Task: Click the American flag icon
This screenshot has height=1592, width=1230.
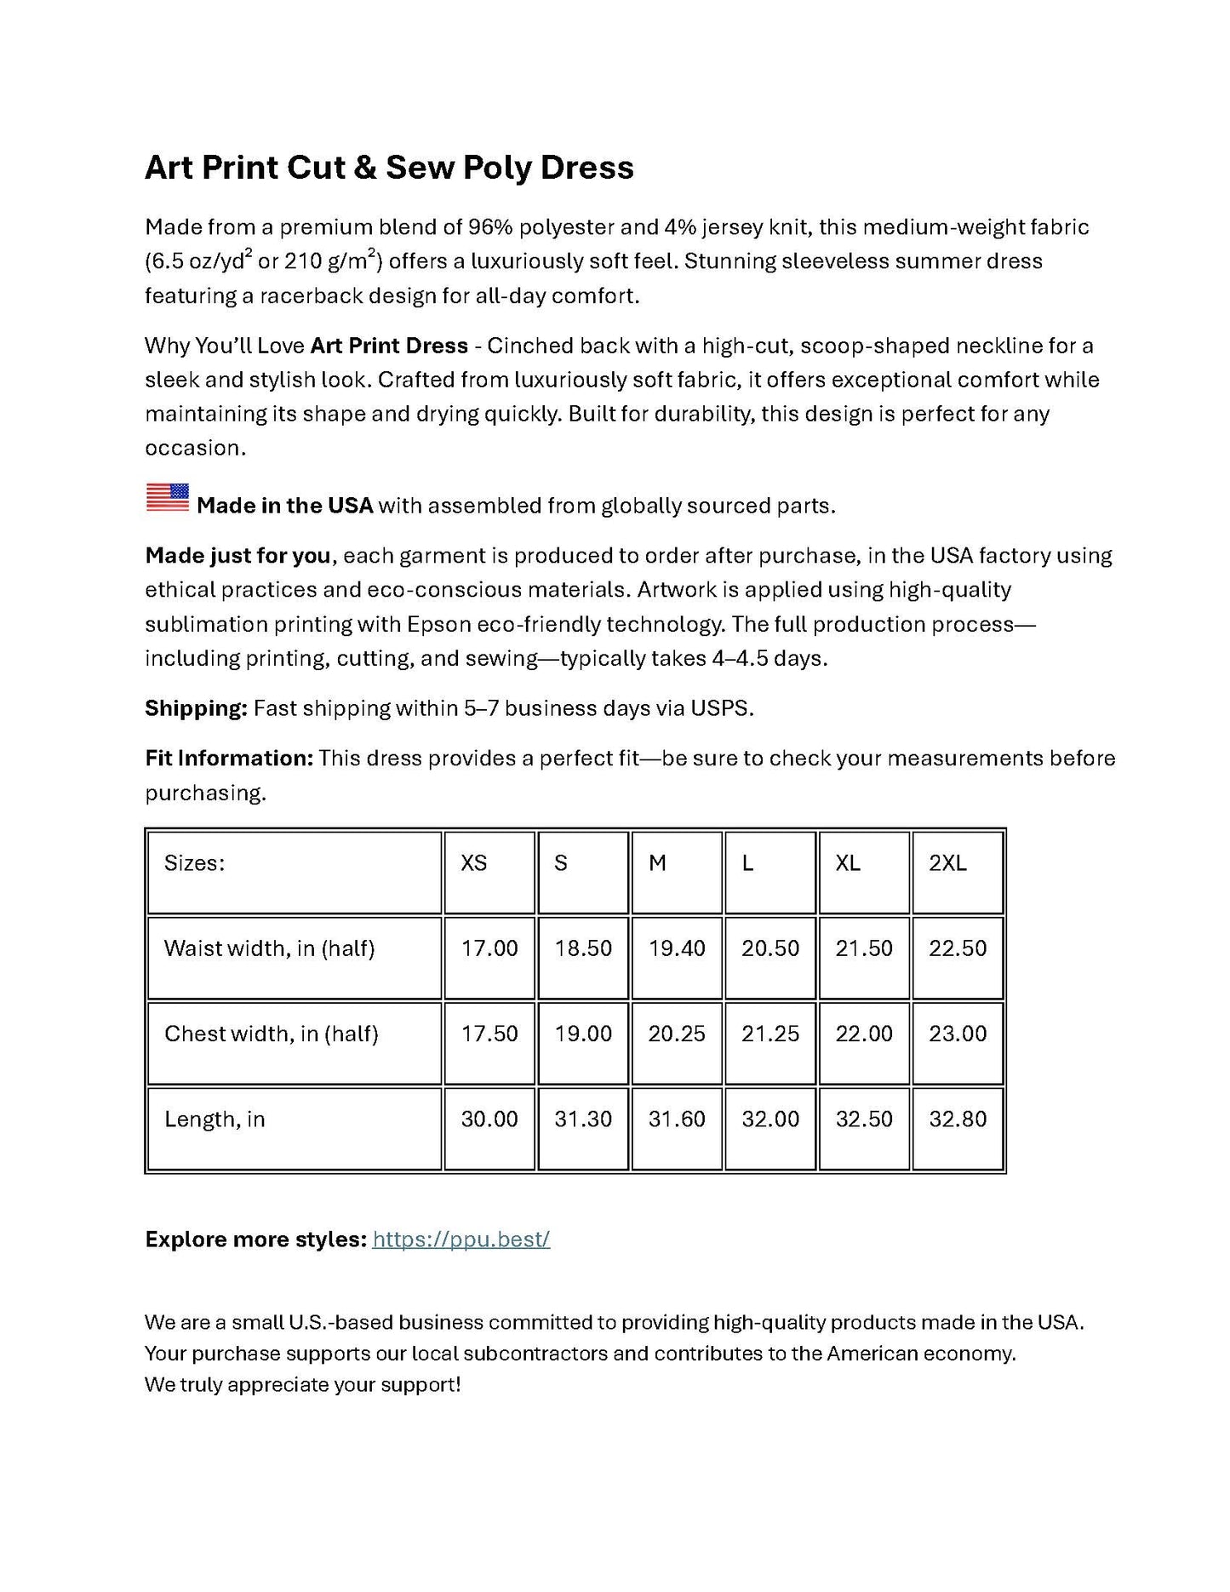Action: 167,497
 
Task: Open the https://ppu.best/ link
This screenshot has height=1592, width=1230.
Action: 461,1239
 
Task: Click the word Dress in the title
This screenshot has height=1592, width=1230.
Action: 586,167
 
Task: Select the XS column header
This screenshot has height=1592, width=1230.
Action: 473,863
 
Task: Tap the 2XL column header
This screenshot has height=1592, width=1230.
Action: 947,863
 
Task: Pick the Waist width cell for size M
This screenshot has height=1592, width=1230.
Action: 677,948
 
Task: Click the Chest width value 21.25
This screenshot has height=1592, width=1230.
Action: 770,1034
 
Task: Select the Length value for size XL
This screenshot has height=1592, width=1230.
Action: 864,1119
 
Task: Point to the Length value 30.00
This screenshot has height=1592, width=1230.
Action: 489,1119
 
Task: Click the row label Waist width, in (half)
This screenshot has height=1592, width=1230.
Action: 269,948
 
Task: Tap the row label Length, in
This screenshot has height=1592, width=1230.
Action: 215,1119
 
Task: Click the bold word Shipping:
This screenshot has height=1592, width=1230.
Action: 196,708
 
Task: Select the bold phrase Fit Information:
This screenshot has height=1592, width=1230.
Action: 229,759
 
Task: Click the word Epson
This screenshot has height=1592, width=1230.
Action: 438,624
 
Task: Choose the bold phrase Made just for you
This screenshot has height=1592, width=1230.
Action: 237,556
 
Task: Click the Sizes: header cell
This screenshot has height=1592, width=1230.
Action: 195,863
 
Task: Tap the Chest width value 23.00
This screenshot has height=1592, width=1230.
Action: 958,1034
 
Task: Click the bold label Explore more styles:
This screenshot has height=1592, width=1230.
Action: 255,1239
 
